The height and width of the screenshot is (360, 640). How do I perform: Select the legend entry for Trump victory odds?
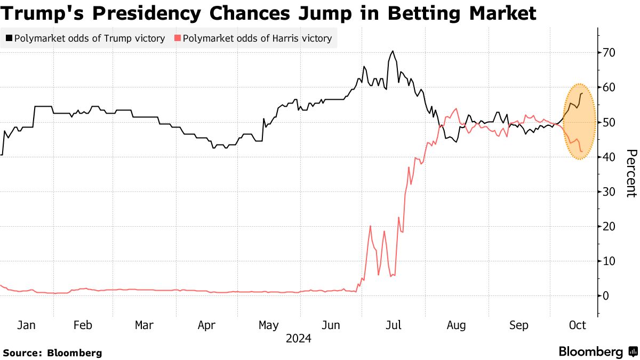pos(85,38)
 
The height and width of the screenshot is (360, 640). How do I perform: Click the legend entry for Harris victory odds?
pos(253,38)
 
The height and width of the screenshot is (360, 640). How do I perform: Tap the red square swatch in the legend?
pos(178,38)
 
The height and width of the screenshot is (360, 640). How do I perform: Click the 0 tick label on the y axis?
pos(605,296)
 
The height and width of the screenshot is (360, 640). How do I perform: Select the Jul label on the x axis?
pos(394,325)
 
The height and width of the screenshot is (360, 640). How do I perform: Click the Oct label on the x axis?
pos(578,325)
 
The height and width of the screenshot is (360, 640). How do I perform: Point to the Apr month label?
pos(206,325)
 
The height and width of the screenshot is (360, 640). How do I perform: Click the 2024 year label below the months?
pos(299,339)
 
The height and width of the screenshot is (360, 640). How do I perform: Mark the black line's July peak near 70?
pos(393,51)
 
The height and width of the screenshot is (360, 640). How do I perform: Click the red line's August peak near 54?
pos(455,109)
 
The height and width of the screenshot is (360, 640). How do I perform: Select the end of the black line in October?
pos(581,93)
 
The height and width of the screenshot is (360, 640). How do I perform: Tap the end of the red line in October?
pos(581,152)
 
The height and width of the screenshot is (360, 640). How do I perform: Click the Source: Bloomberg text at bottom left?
pos(52,353)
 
